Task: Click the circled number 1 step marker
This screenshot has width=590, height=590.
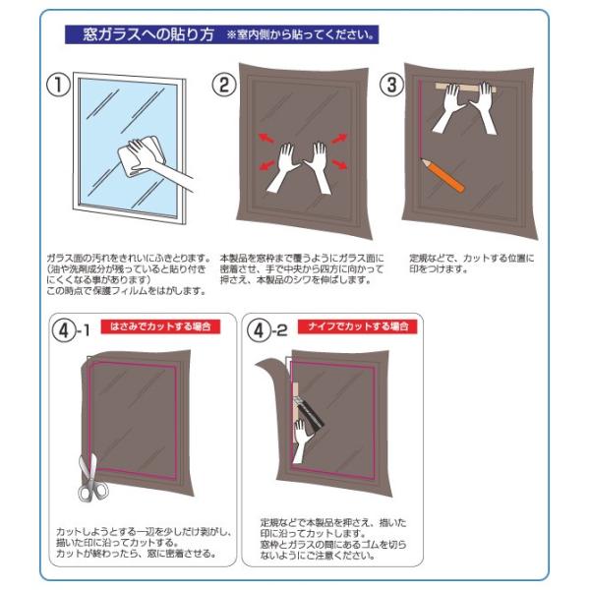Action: [x=58, y=85]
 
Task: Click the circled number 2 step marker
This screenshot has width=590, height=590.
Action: [x=224, y=85]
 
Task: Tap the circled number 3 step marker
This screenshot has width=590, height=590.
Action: [x=391, y=85]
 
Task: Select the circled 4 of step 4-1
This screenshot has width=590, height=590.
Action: [x=64, y=330]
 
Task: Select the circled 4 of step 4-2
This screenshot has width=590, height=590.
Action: [x=260, y=330]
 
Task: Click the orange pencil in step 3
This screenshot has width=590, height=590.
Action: [x=442, y=175]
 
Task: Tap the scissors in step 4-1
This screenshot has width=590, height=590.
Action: [x=92, y=478]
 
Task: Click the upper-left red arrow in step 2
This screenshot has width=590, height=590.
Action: [x=266, y=138]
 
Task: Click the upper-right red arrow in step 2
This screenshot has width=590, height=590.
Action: [x=338, y=139]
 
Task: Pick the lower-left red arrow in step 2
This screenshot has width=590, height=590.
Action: [x=266, y=165]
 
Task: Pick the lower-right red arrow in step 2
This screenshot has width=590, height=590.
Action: [x=339, y=164]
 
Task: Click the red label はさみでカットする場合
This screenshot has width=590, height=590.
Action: [x=160, y=326]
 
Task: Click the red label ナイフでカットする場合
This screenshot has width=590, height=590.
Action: [x=358, y=326]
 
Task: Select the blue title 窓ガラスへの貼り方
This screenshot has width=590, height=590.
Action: [x=148, y=34]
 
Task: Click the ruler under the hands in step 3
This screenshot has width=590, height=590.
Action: [x=466, y=88]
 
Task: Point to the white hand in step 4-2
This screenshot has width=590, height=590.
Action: [x=301, y=441]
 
